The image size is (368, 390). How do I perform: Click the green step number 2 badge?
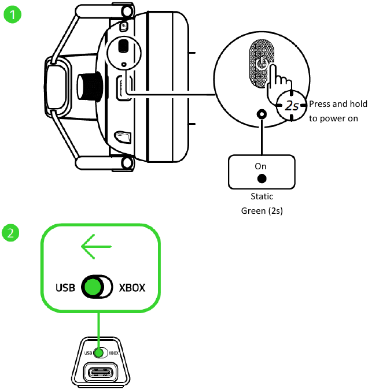click(12, 234)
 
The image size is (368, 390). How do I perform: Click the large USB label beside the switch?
click(66, 287)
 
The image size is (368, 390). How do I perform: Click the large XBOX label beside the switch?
click(132, 287)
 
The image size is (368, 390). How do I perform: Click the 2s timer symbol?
click(290, 105)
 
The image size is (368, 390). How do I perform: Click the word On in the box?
click(260, 166)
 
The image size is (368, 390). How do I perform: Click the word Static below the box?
click(262, 197)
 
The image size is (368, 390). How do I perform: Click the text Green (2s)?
click(262, 211)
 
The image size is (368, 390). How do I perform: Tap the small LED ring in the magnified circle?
click(263, 114)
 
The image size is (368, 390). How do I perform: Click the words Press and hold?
click(336, 105)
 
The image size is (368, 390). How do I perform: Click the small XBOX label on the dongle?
click(113, 352)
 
